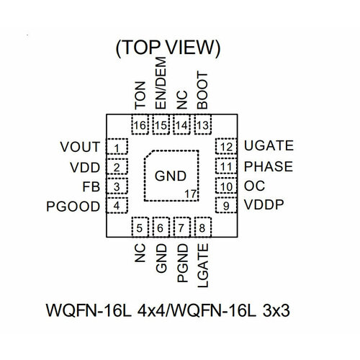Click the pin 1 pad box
click(117, 148)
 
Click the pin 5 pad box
click(140, 228)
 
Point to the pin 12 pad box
click(226, 148)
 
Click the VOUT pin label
click(79, 148)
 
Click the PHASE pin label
click(268, 167)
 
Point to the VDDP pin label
click(264, 206)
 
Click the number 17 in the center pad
click(190, 194)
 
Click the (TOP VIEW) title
click(168, 48)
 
